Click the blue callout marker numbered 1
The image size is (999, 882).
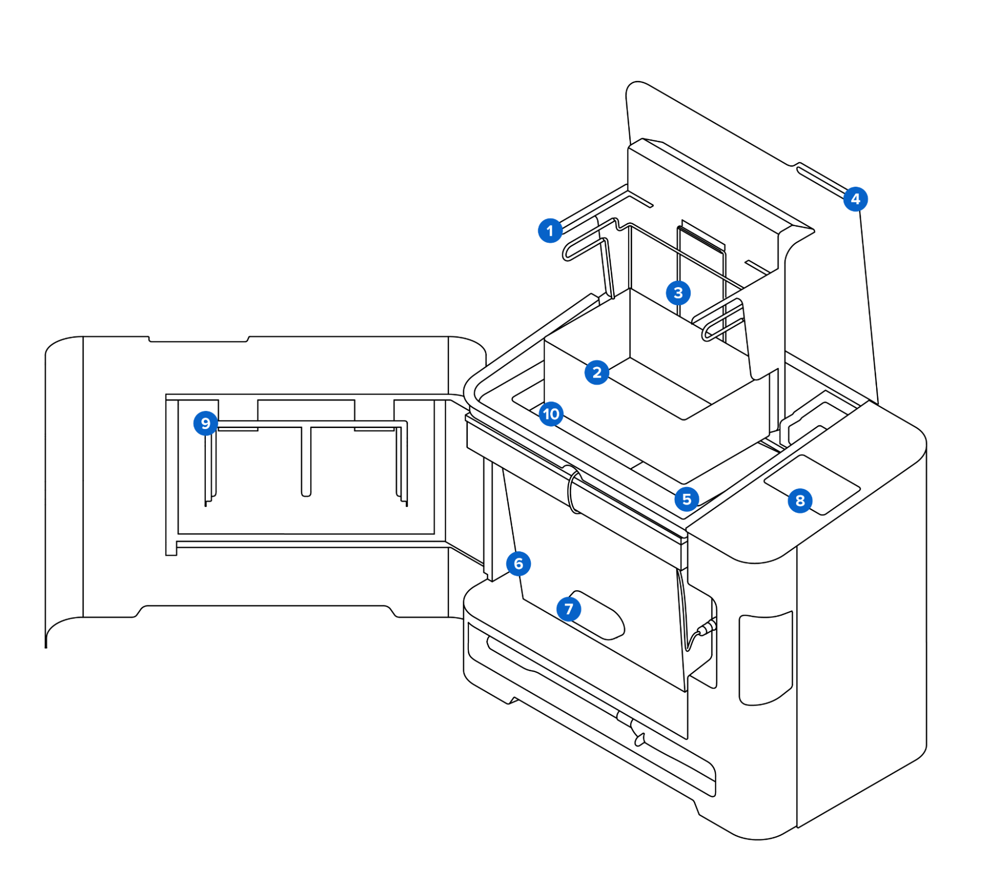[x=550, y=231]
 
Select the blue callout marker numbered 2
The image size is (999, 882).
[x=596, y=372]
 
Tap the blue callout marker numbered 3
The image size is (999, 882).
[x=678, y=293]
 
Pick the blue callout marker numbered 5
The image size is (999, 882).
[x=686, y=498]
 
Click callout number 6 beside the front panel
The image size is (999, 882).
[x=518, y=563]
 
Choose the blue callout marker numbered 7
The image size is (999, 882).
[x=568, y=609]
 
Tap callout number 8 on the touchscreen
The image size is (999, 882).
[x=800, y=500]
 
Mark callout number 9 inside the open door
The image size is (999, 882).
[x=205, y=423]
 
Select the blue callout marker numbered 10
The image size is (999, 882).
[x=551, y=414]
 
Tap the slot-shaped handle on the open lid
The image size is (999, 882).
[x=820, y=180]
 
